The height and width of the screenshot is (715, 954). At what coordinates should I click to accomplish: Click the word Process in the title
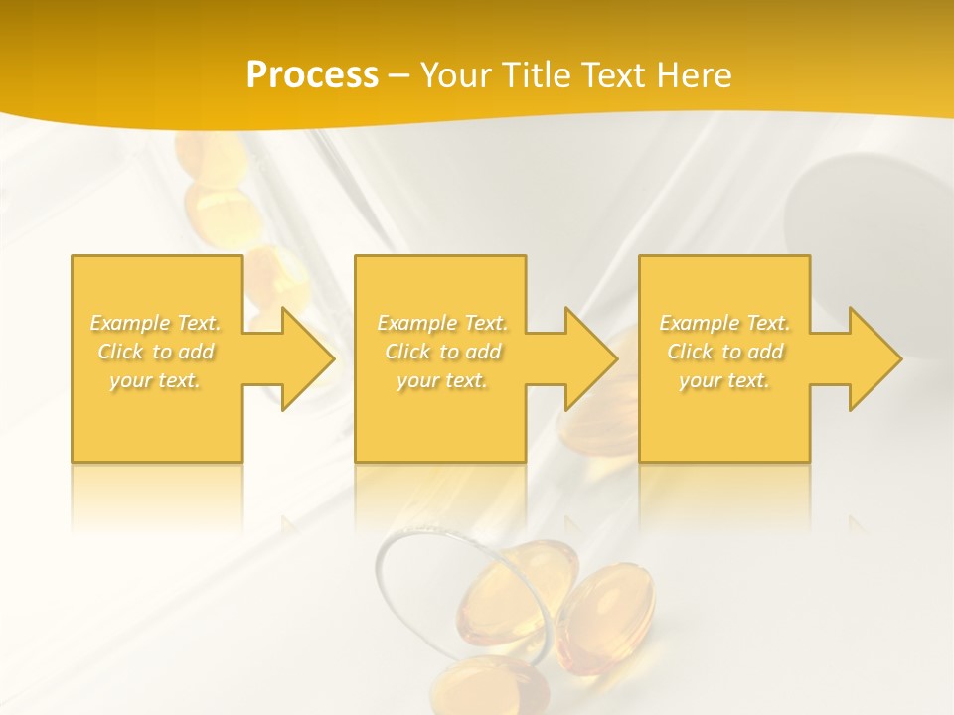click(x=312, y=74)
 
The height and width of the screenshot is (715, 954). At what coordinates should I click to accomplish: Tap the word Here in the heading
click(x=695, y=74)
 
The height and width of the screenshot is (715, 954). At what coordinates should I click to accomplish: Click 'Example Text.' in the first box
click(x=156, y=323)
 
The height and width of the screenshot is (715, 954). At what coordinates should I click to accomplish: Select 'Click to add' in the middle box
click(x=442, y=352)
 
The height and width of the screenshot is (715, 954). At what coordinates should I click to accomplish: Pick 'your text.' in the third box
click(x=724, y=380)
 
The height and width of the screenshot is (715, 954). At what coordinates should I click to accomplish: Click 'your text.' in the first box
click(x=156, y=380)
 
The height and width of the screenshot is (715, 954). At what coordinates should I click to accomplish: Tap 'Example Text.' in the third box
click(x=724, y=323)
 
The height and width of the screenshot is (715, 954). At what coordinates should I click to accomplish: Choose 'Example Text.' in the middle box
click(x=442, y=323)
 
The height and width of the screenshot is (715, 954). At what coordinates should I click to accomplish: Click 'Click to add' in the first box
click(x=156, y=352)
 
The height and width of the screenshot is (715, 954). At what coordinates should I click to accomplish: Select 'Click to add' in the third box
click(x=724, y=352)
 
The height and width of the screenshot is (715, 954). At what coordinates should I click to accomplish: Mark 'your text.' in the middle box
click(x=442, y=380)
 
